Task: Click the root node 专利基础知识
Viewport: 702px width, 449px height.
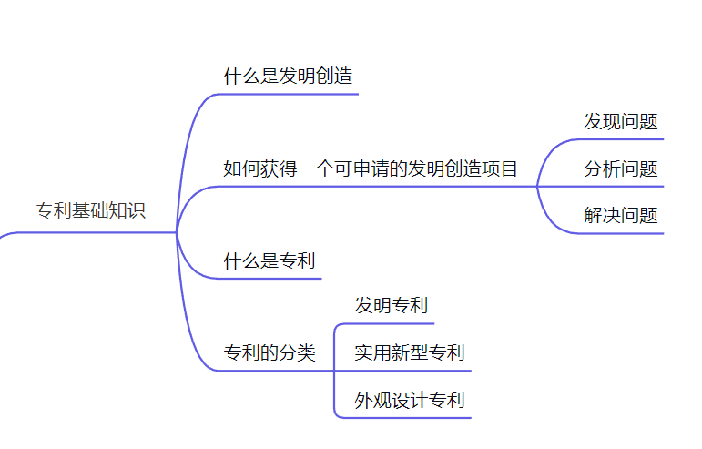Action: [90, 210]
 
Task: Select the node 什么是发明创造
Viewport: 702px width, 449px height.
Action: [288, 77]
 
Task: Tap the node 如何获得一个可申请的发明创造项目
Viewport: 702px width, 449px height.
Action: [371, 168]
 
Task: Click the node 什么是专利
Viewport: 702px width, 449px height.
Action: [270, 261]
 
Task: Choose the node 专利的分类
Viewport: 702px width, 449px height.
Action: [270, 353]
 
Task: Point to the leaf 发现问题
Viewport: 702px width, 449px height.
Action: [621, 122]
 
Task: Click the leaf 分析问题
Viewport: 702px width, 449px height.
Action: [621, 168]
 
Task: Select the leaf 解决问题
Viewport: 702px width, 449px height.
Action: [621, 216]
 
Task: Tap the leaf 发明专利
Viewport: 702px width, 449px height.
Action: [392, 305]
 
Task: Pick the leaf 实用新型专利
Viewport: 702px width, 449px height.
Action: [410, 352]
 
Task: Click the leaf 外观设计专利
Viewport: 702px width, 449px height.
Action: [410, 400]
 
